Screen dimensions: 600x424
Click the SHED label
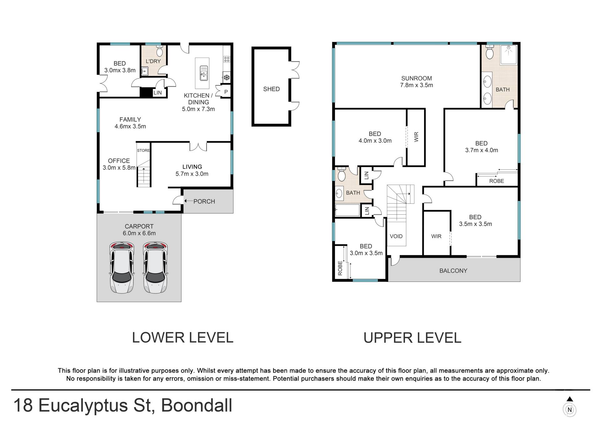pos(271,89)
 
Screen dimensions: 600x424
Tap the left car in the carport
pos(122,268)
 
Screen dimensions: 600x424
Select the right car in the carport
pos(156,268)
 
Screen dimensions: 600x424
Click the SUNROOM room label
pos(417,78)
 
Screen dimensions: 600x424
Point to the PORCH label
pos(204,202)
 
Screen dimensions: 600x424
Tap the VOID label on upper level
pos(396,236)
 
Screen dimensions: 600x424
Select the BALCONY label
pos(453,271)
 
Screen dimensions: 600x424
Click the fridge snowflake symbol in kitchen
pos(227,77)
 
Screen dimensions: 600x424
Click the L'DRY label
pos(153,61)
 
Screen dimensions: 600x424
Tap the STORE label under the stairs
pos(143,151)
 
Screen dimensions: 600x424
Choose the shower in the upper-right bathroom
pos(509,54)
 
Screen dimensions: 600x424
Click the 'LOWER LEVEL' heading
pos(183,338)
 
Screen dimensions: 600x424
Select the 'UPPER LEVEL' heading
pos(412,338)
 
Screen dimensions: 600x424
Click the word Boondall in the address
pos(197,406)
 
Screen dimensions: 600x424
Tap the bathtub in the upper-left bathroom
pos(347,210)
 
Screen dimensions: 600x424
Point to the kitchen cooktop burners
pos(227,59)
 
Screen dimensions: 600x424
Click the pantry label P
pos(226,92)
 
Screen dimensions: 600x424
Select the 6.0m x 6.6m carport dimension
pos(139,233)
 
